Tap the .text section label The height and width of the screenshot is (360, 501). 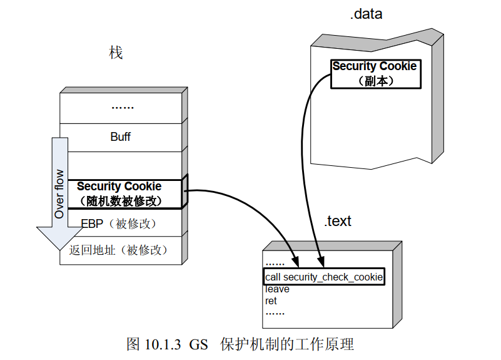338,221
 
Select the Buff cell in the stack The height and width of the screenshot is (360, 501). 121,136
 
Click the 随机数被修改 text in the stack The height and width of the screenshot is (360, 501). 121,201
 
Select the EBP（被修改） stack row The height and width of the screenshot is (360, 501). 119,224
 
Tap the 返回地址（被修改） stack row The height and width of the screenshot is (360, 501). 119,250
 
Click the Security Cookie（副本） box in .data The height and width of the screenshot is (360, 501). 374,73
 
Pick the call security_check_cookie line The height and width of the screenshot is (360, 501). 324,277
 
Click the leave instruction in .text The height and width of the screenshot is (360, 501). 277,289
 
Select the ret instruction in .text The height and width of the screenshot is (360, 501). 271,301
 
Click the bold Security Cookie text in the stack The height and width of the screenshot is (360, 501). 119,187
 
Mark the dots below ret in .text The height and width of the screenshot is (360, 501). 275,312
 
